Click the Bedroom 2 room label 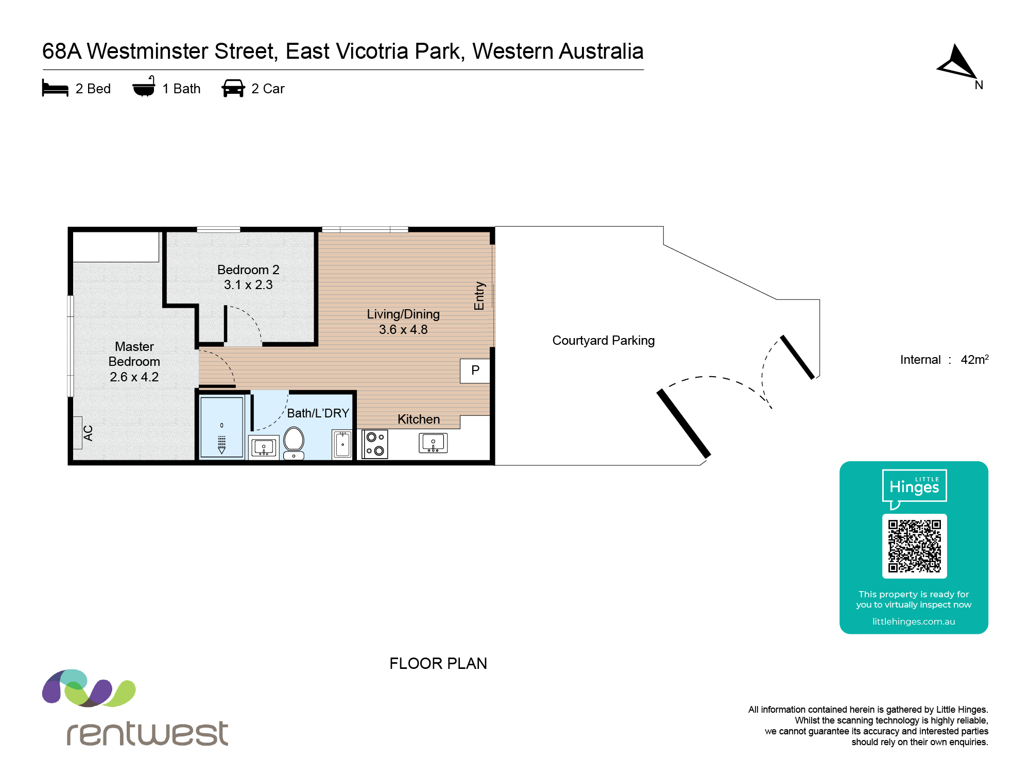tap(248, 270)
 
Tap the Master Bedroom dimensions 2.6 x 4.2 tap(134, 377)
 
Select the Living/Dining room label tap(403, 314)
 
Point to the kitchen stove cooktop tap(375, 444)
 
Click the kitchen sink tap(433, 443)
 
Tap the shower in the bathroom tap(221, 427)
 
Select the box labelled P tap(475, 371)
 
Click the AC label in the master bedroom tap(88, 433)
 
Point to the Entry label tap(479, 296)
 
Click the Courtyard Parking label tap(604, 341)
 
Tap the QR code tap(915, 546)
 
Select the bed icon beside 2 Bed tap(55, 88)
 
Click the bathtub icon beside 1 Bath tap(144, 87)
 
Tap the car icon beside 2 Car tap(233, 88)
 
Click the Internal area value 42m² tap(974, 359)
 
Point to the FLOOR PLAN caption tap(438, 663)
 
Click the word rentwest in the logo tap(147, 733)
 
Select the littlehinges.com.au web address tap(914, 621)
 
